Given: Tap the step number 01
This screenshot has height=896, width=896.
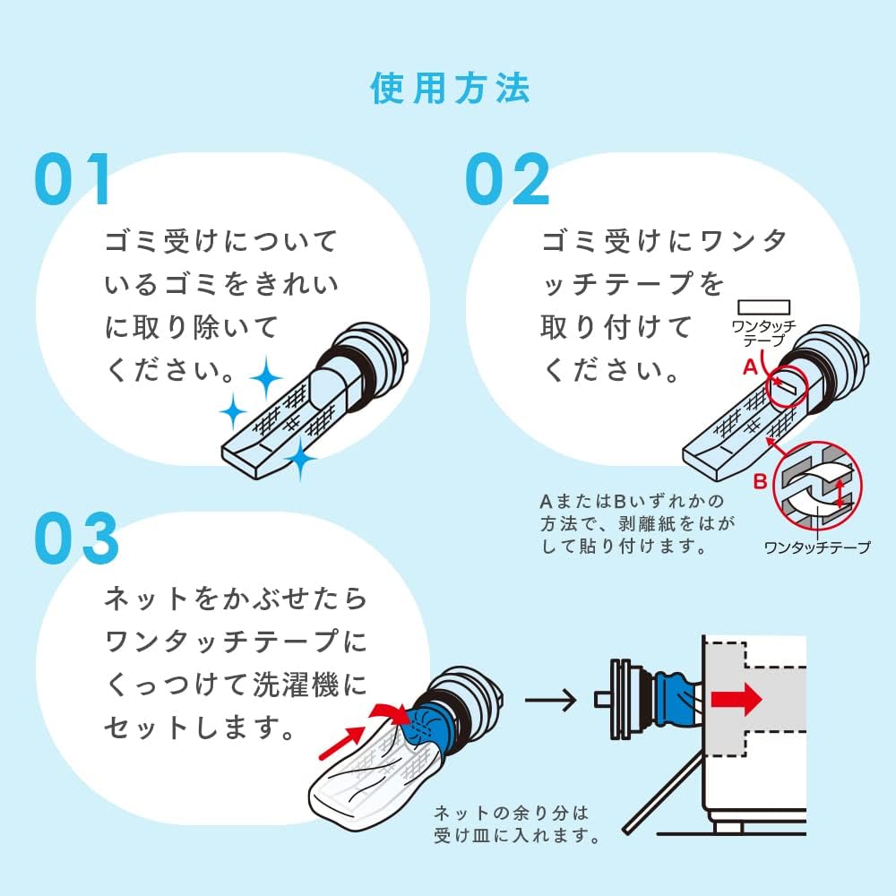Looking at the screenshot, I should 73,180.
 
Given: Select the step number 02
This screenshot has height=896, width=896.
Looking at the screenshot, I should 507,180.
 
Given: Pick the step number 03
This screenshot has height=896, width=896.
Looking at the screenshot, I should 77,538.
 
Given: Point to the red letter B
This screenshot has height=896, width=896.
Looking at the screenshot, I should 759,481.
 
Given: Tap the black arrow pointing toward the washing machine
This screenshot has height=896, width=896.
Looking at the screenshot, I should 550,699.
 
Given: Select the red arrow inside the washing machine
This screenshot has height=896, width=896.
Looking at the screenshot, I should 736,699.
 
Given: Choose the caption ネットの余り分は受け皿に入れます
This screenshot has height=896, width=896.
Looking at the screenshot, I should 515,824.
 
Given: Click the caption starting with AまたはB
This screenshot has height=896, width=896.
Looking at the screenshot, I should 632,523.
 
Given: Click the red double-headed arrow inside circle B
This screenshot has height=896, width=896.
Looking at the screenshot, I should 840,492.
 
